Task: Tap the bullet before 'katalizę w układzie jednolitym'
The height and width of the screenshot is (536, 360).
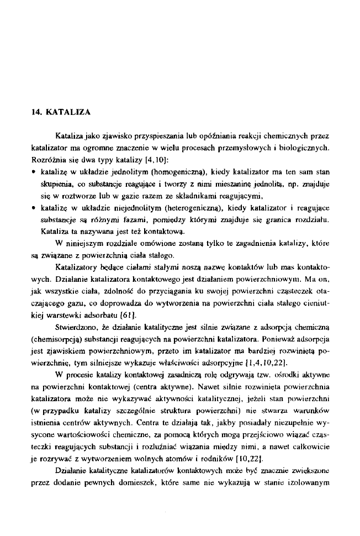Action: tap(34, 171)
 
